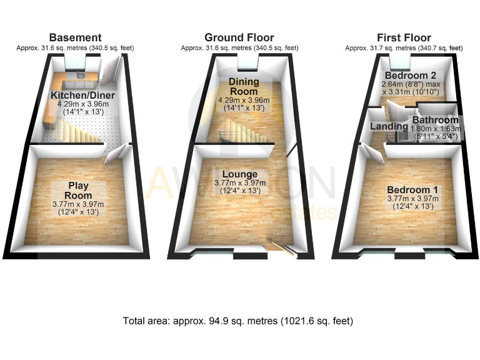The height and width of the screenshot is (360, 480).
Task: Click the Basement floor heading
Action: [x=75, y=37]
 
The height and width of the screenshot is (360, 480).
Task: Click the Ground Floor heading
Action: [x=239, y=37]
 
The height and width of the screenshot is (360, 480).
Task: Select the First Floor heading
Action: [x=403, y=37]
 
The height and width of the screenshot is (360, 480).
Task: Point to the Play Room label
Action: [x=78, y=190]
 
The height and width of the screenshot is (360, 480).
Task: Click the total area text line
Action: [x=238, y=321]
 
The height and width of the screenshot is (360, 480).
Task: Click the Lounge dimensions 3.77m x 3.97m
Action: [x=243, y=183]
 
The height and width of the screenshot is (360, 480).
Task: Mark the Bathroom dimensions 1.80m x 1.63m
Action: [x=437, y=128]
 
